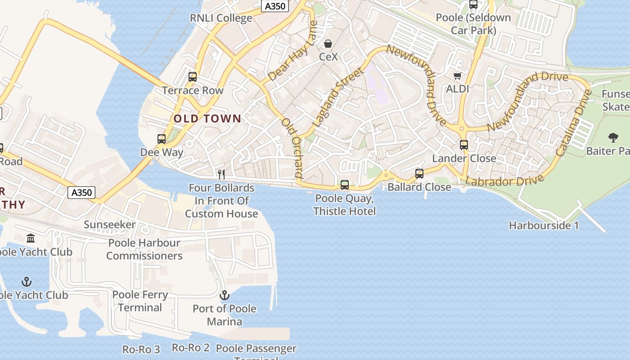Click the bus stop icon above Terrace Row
[193, 77]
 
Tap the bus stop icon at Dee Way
[162, 139]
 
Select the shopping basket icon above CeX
[328, 44]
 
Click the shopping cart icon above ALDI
[457, 76]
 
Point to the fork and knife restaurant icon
[221, 174]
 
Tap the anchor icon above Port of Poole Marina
[224, 295]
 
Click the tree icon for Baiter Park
[613, 137]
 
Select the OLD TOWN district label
[207, 119]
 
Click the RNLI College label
[221, 18]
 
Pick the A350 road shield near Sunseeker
[82, 193]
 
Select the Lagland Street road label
[337, 97]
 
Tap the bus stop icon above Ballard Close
[419, 173]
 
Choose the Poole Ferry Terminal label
[140, 301]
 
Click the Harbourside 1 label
[544, 225]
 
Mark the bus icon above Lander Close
[464, 145]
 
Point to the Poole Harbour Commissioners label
[144, 249]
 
